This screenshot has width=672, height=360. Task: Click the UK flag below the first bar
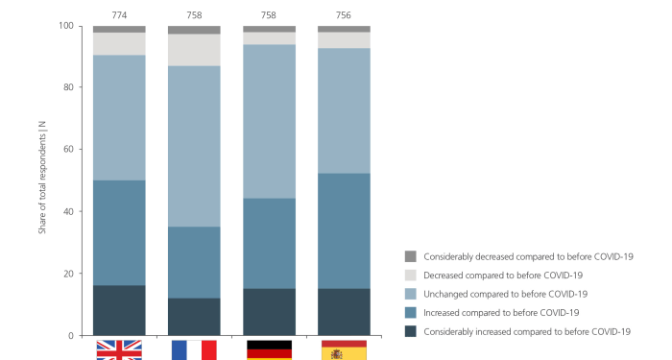[x=119, y=349]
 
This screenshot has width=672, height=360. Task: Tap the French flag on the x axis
[x=194, y=349]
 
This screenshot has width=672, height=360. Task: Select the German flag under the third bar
[x=269, y=349]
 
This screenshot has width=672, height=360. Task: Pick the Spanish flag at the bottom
[x=344, y=349]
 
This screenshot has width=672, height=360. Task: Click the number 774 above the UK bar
[x=119, y=15]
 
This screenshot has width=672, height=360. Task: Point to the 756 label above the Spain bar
[x=344, y=15]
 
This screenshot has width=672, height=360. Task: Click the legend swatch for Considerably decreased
[x=411, y=256]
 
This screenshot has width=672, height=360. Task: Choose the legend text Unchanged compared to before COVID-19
[x=505, y=294]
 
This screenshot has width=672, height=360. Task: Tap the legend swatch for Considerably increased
[x=411, y=331]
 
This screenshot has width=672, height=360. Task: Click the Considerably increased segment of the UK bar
[x=119, y=310]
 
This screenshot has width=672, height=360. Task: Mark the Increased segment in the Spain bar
[x=344, y=230]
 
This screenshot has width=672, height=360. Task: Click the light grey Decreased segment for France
[x=194, y=50]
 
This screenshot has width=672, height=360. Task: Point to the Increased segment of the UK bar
[x=119, y=232]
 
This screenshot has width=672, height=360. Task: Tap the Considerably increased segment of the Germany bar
[x=269, y=312]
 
